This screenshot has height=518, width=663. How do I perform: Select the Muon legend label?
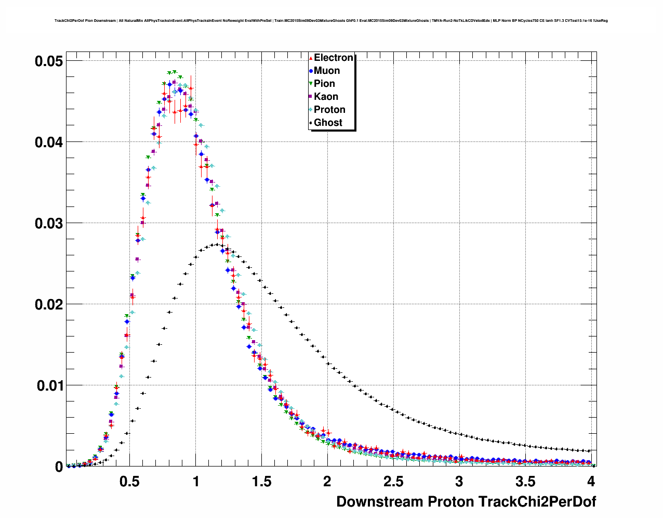327,71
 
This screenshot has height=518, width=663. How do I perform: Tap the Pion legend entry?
324,84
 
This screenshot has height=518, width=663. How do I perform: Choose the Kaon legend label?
326,97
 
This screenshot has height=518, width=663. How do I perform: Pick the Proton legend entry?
329,110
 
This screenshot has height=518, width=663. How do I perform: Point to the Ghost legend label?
328,123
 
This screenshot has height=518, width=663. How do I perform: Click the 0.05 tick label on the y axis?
49,61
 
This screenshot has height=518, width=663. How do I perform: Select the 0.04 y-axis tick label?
49,142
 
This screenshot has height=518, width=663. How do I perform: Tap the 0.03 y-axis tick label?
49,223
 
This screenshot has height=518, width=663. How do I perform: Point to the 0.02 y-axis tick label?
49,304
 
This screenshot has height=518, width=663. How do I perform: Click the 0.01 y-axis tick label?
49,385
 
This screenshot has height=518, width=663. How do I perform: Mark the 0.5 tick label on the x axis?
130,481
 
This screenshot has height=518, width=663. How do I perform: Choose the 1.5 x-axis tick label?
261,481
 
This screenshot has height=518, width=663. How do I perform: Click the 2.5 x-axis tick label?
393,481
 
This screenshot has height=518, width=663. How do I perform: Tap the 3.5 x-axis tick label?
525,481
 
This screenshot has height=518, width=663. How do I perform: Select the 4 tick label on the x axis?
591,481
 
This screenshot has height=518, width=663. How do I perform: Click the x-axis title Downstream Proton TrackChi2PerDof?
466,502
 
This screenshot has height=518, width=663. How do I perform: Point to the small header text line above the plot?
331,21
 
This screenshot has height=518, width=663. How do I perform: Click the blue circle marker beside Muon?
311,71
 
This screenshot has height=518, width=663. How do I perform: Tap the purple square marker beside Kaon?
311,97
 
